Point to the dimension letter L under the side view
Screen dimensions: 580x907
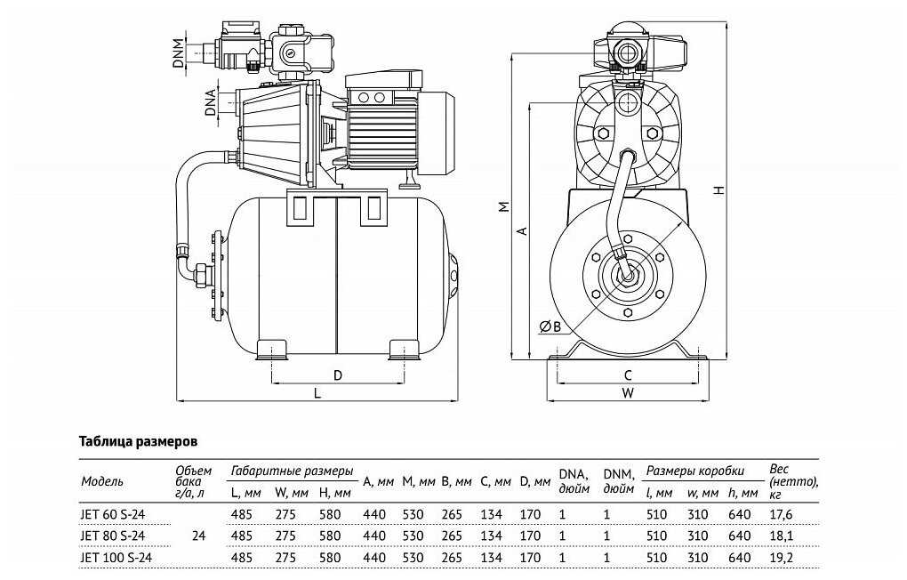pyautogui.click(x=317, y=392)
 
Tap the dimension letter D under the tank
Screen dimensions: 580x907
pyautogui.click(x=338, y=374)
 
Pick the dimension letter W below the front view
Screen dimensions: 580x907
pyautogui.click(x=628, y=392)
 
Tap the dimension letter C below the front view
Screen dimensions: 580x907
pyautogui.click(x=628, y=375)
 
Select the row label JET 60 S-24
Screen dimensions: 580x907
pyautogui.click(x=113, y=514)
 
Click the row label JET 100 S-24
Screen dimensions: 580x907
pyautogui.click(x=116, y=558)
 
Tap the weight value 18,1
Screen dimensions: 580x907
pyautogui.click(x=781, y=536)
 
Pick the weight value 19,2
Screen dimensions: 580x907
pyautogui.click(x=781, y=558)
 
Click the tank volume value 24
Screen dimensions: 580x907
pyautogui.click(x=198, y=536)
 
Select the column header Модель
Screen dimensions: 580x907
pyautogui.click(x=103, y=481)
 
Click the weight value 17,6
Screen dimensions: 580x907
pyautogui.click(x=781, y=514)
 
